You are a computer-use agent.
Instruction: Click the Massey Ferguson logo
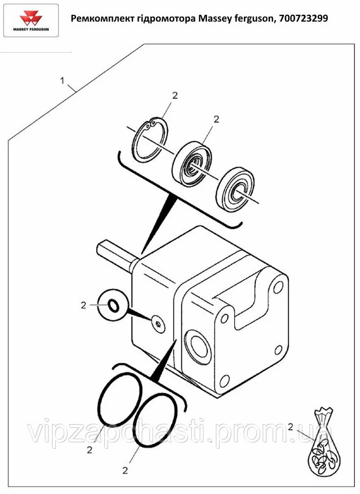click(x=31, y=21)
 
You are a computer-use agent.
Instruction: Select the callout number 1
click(x=62, y=81)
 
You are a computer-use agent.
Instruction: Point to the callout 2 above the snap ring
click(x=175, y=95)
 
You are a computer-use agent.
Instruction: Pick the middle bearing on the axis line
click(x=193, y=165)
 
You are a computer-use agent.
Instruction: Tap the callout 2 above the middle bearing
click(x=216, y=119)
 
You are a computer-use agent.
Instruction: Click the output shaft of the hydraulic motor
click(x=117, y=253)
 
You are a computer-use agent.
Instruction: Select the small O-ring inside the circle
click(x=114, y=305)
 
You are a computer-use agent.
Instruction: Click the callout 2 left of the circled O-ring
click(x=83, y=305)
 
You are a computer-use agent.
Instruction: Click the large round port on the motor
click(x=198, y=346)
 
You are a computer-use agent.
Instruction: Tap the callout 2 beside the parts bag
click(x=290, y=427)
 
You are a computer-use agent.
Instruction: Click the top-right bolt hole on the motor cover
click(x=278, y=288)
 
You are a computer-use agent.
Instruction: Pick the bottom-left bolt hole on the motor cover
click(x=224, y=380)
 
